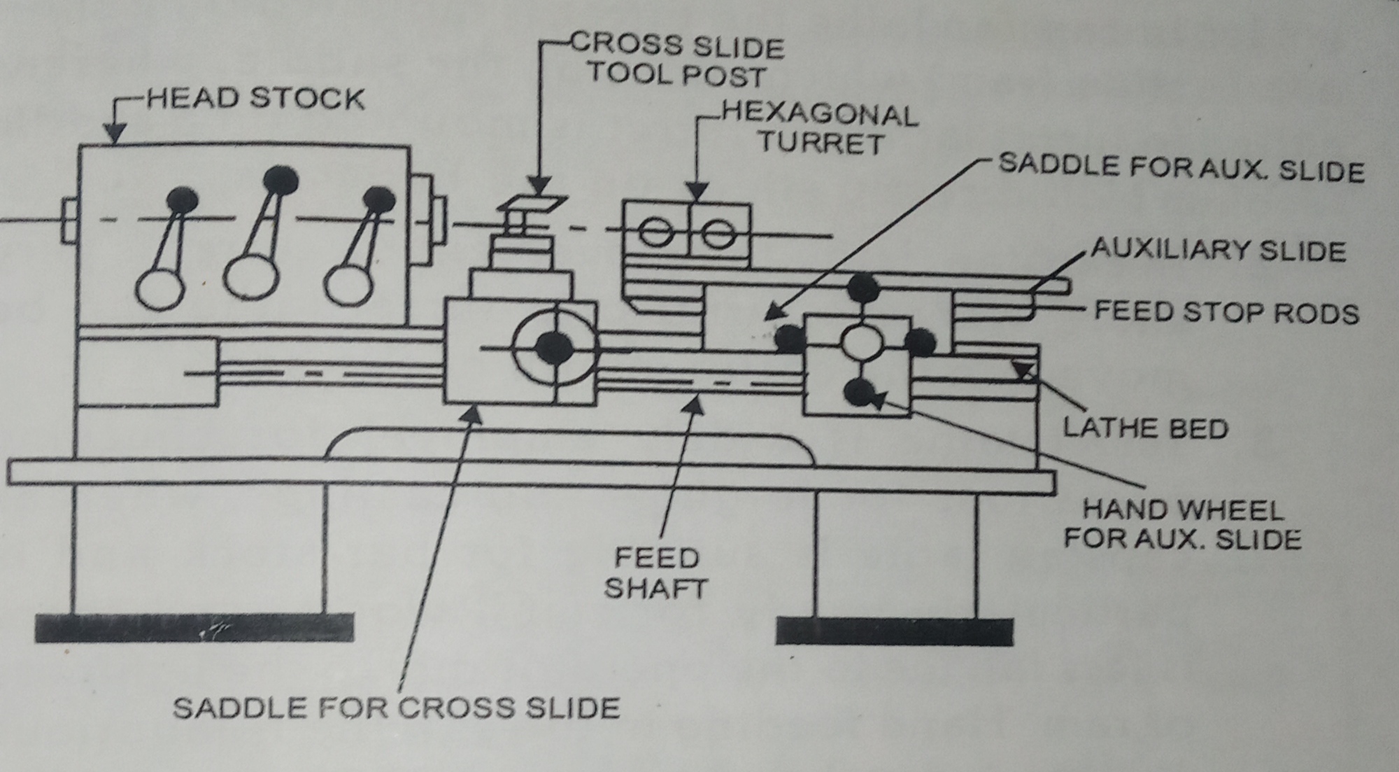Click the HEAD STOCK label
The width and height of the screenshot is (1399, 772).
click(255, 99)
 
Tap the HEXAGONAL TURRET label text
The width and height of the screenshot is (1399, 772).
click(820, 129)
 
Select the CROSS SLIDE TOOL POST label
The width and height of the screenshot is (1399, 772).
click(677, 60)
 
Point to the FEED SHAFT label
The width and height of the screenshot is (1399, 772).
click(655, 573)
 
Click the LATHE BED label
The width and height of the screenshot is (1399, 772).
click(1145, 428)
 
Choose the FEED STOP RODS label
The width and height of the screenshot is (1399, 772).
click(1226, 312)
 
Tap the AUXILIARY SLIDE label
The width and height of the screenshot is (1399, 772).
click(1218, 250)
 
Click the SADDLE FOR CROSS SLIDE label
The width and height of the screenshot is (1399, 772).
click(396, 708)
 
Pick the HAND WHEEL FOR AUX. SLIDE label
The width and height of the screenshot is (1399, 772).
click(1182, 524)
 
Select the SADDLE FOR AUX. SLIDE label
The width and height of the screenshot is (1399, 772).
click(1181, 169)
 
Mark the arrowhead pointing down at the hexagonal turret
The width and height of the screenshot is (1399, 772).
click(697, 192)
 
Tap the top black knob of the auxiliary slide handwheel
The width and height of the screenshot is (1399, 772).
click(863, 287)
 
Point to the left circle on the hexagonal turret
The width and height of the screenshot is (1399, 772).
click(656, 233)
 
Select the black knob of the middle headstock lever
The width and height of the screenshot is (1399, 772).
click(280, 180)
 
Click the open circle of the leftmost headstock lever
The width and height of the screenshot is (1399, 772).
click(160, 288)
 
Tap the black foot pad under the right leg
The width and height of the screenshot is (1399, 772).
click(894, 631)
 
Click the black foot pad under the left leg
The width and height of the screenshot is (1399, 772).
click(194, 628)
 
